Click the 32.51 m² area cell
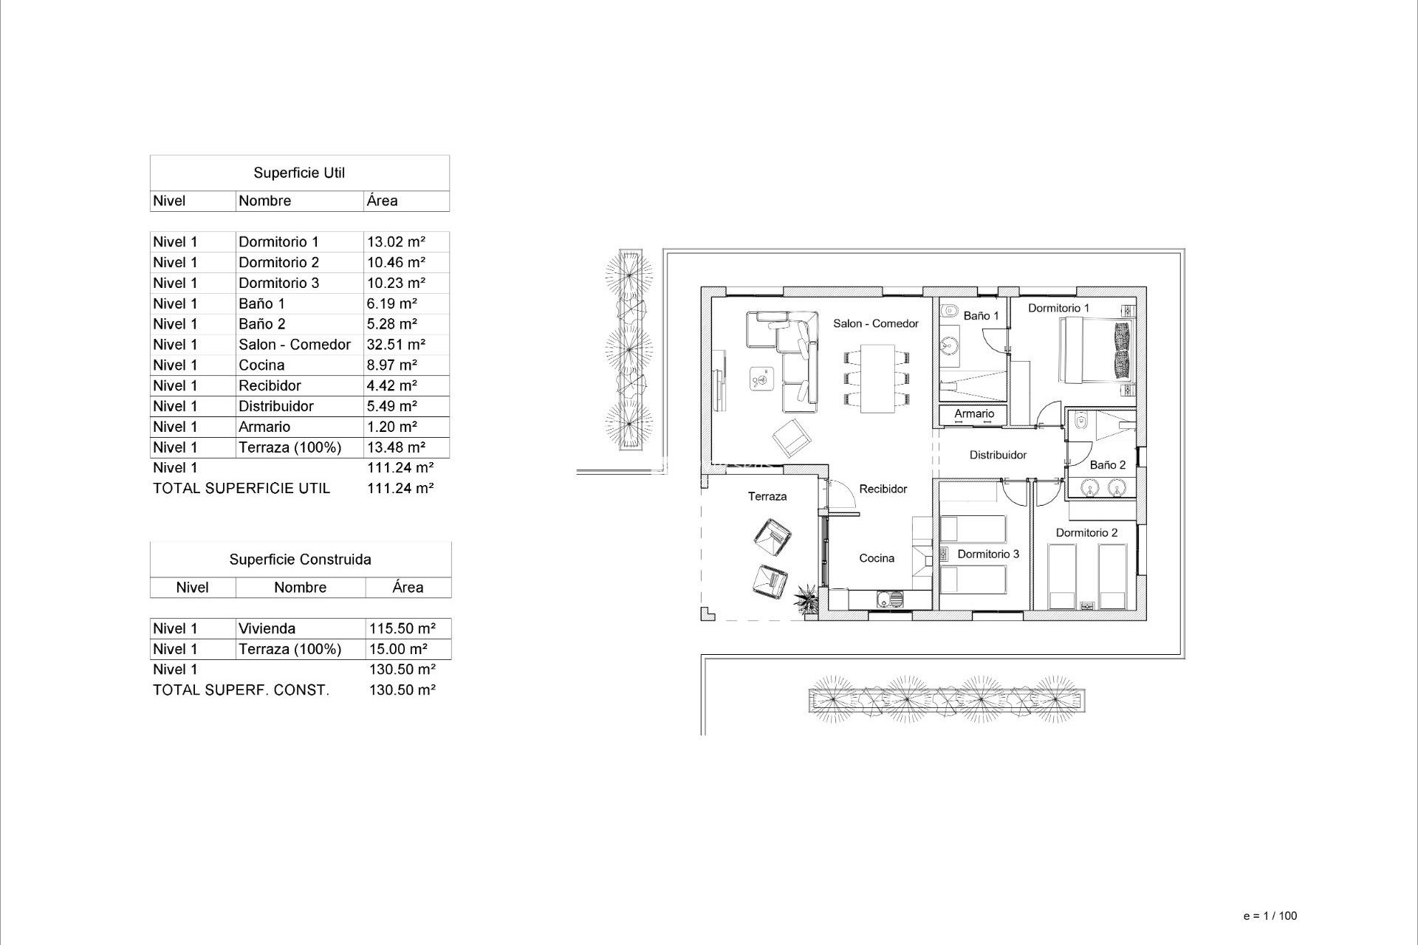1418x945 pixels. (x=396, y=345)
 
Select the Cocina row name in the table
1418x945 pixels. (x=261, y=365)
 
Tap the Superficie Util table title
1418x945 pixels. (x=299, y=173)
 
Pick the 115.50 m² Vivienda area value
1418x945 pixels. (x=402, y=629)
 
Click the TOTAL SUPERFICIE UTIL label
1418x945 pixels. (x=242, y=489)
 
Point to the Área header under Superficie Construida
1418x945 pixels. (x=408, y=588)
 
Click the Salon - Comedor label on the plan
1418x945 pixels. (x=876, y=323)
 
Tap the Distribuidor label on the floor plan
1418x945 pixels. (x=998, y=456)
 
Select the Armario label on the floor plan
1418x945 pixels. (x=974, y=414)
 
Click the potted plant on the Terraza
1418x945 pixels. (x=806, y=599)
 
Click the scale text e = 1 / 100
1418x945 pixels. (x=1270, y=916)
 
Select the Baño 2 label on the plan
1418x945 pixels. (x=1108, y=465)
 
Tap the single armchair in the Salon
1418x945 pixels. (x=792, y=438)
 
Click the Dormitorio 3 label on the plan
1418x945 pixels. (x=988, y=554)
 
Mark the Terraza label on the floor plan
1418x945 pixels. (x=767, y=497)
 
